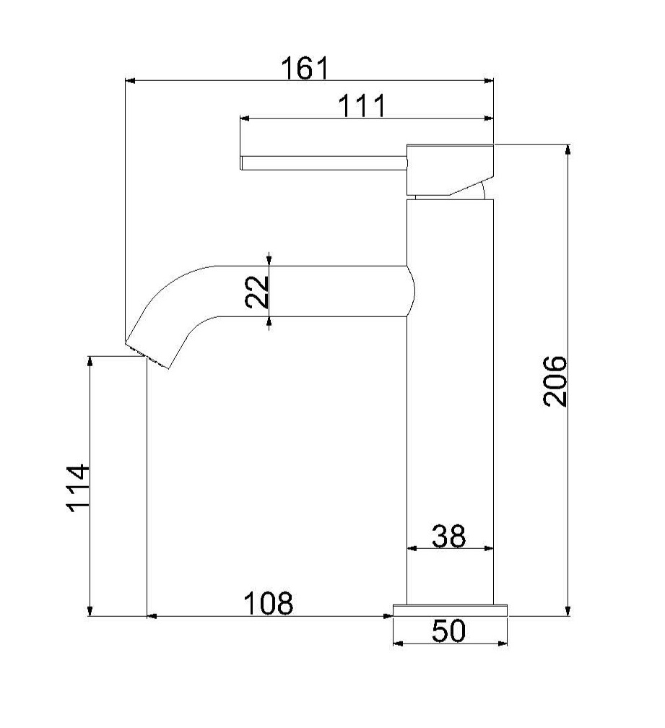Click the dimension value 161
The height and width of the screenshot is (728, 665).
tap(305, 68)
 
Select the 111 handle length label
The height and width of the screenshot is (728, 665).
tap(362, 106)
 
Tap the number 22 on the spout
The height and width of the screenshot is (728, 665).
tap(257, 292)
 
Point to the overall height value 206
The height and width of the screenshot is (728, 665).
tap(555, 381)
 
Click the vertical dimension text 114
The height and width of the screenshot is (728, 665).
tap(78, 487)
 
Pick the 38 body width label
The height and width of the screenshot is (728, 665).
tap(448, 536)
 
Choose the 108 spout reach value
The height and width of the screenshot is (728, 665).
tap(268, 602)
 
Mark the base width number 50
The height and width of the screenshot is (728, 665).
tap(448, 631)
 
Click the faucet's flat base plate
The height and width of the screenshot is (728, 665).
tap(450, 610)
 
